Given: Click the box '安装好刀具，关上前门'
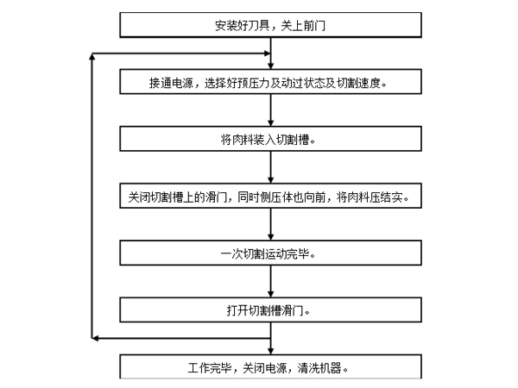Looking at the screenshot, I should pyautogui.click(x=270, y=25).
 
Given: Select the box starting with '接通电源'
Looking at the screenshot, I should pyautogui.click(x=270, y=83).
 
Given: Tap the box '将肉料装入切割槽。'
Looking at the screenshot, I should pyautogui.click(x=270, y=139).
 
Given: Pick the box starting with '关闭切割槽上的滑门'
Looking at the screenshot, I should pyautogui.click(x=270, y=197).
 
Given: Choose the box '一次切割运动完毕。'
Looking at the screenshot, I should pyautogui.click(x=270, y=253).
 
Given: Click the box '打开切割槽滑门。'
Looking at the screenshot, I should pyautogui.click(x=270, y=310).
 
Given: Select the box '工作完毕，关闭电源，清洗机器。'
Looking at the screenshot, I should pyautogui.click(x=270, y=367).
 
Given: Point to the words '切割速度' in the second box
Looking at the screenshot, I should pyautogui.click(x=369, y=83).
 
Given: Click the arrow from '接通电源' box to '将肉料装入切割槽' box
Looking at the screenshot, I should pyautogui.click(x=272, y=110).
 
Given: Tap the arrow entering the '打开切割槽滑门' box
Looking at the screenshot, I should pyautogui.click(x=272, y=281).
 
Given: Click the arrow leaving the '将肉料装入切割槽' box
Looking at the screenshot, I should pyautogui.click(x=272, y=167).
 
